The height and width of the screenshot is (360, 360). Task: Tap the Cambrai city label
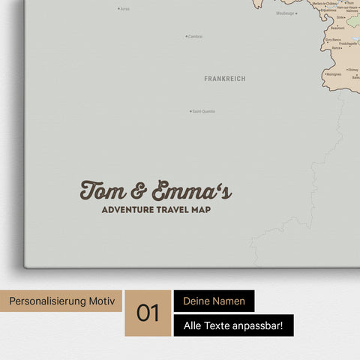pyautogui.click(x=195, y=36)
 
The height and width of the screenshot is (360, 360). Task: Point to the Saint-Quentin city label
pyautogui.click(x=203, y=112)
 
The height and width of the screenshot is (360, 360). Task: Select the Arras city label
pyautogui.click(x=124, y=9)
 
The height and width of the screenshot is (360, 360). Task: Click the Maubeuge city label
pyautogui.click(x=285, y=13)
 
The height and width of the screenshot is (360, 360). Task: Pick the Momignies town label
pyautogui.click(x=334, y=74)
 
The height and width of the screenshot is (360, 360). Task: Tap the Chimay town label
pyautogui.click(x=352, y=70)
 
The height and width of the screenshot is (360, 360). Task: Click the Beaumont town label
pyautogui.click(x=337, y=28)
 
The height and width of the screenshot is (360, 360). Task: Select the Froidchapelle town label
pyautogui.click(x=349, y=43)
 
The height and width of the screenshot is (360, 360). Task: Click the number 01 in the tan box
pyautogui.click(x=148, y=313)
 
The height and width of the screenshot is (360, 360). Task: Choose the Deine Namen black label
pyautogui.click(x=214, y=301)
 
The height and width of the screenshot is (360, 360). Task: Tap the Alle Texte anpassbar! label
pyautogui.click(x=233, y=325)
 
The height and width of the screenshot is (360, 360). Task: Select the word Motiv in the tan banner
pyautogui.click(x=103, y=301)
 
